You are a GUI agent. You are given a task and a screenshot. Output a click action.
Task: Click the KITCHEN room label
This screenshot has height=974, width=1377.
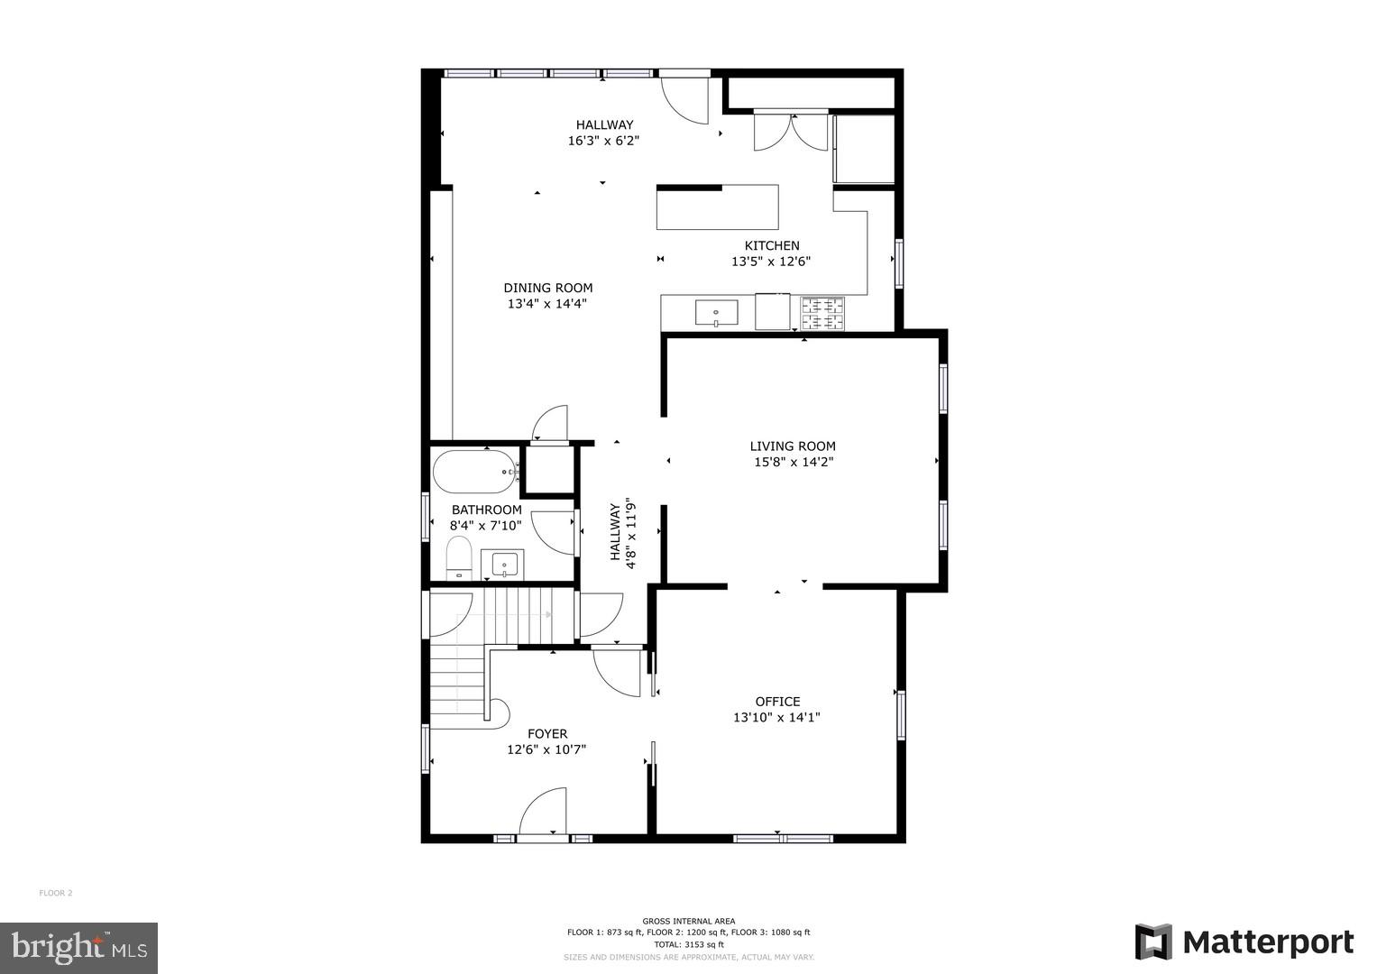[x=771, y=245]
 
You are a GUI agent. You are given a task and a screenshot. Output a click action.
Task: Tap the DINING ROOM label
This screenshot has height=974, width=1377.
[x=547, y=288]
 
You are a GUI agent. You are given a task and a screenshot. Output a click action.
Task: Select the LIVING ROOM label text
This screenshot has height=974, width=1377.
[x=793, y=446]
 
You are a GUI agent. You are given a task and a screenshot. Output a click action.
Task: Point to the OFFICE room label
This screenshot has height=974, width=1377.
[x=777, y=702]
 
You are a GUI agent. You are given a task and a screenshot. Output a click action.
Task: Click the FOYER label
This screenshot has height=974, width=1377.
[x=547, y=734]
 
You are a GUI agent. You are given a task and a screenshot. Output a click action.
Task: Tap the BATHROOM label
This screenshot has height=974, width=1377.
[x=486, y=510]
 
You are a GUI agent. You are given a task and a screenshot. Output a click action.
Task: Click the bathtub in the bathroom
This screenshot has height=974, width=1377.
[x=474, y=471]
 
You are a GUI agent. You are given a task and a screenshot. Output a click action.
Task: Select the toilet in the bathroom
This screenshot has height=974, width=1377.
[x=459, y=558]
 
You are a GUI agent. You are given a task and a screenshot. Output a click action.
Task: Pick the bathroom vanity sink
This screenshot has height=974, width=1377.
[x=502, y=565]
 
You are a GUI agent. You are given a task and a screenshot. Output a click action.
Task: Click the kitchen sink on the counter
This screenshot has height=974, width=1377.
[x=716, y=313]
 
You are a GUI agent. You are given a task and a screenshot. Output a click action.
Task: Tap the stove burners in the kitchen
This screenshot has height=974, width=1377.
[x=823, y=313]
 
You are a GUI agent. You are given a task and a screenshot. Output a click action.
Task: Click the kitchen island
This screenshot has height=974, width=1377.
[x=718, y=207]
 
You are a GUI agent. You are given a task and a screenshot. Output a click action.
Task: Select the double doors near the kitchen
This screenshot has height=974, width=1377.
[x=791, y=132]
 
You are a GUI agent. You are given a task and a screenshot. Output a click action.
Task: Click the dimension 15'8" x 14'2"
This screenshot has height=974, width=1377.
[x=793, y=462]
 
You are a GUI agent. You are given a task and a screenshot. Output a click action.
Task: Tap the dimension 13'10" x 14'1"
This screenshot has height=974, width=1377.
[x=776, y=718]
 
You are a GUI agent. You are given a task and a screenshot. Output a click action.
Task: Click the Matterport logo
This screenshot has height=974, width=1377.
[x=1244, y=942]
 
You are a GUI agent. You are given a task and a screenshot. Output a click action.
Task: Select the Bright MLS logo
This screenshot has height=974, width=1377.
[x=78, y=947]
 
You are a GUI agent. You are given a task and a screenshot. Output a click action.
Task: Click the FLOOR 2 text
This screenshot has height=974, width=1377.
[x=55, y=893]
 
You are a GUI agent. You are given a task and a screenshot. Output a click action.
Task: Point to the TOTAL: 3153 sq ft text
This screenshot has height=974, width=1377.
[x=688, y=944]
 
